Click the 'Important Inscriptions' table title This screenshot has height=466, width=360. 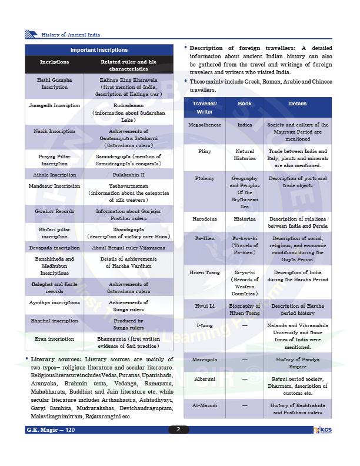[x=99, y=50]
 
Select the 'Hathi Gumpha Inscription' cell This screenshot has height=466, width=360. [x=54, y=83]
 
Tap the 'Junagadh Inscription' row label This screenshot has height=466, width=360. [x=54, y=105]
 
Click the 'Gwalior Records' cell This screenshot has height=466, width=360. [x=54, y=211]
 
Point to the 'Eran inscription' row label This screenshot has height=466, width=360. [x=54, y=339]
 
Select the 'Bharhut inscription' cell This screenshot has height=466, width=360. [x=54, y=321]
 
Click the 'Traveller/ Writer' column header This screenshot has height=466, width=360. [x=205, y=108]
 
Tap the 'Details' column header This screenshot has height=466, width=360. [x=298, y=104]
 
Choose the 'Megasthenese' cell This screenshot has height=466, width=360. [x=205, y=125]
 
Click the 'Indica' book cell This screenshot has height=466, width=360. [x=245, y=125]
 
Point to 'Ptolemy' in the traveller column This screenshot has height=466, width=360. [x=205, y=178]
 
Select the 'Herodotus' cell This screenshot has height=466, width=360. [x=205, y=219]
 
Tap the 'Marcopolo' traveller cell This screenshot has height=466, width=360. [x=205, y=359]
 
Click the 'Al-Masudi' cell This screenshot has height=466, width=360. [x=205, y=405]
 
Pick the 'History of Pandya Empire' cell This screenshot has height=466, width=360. [x=298, y=362]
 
